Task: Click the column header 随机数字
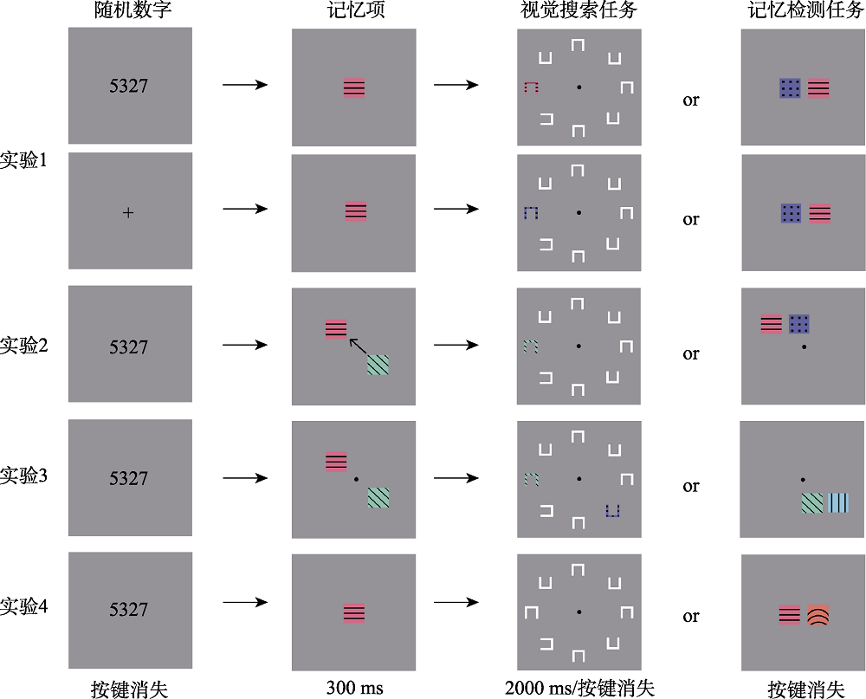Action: (132, 10)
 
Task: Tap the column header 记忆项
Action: (356, 10)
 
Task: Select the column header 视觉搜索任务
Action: (578, 10)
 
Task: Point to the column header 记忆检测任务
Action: (805, 10)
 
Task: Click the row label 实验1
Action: (23, 160)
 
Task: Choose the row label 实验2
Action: (23, 346)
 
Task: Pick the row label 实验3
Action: (23, 476)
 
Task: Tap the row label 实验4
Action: (23, 606)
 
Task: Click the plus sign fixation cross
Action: (128, 213)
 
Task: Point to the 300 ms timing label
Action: (354, 688)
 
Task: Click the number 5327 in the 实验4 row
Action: (129, 610)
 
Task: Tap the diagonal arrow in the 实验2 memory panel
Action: (358, 346)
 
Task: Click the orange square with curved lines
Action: (818, 615)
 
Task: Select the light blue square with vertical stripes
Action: (838, 503)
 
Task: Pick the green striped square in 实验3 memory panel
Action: (378, 497)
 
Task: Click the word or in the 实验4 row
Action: (691, 616)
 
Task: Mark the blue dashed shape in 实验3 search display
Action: (612, 510)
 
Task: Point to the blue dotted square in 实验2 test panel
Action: (799, 324)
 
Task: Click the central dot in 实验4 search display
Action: (578, 612)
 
